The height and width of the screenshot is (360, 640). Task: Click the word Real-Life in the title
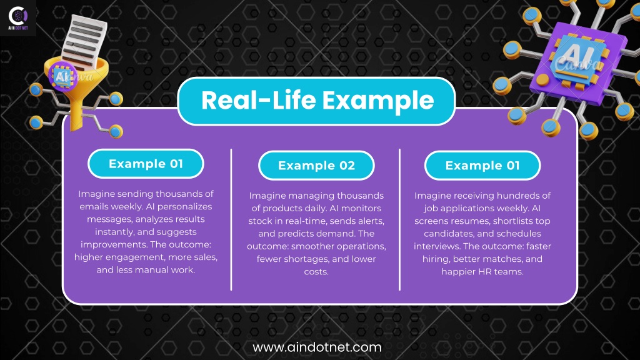(259, 101)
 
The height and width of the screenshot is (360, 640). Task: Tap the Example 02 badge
(316, 165)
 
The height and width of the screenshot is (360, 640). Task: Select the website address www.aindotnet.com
(317, 347)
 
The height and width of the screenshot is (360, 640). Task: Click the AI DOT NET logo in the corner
(18, 18)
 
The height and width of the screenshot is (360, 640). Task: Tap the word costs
(316, 272)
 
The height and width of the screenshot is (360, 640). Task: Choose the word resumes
(472, 221)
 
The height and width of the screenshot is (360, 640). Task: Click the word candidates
(449, 234)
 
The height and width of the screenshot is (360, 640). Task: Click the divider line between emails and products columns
(231, 219)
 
